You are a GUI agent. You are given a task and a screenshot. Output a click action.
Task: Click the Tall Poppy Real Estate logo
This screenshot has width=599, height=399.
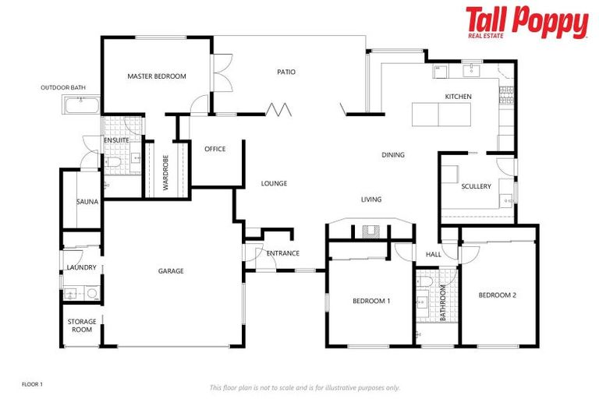(526, 23)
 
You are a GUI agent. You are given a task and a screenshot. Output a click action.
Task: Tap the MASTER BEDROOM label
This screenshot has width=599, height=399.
(157, 76)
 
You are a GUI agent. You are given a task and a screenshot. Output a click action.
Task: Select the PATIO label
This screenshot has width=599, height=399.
(286, 72)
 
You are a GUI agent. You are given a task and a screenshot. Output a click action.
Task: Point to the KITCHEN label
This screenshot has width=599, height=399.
(458, 97)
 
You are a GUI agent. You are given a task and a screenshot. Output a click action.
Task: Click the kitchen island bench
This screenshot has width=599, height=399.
(438, 115)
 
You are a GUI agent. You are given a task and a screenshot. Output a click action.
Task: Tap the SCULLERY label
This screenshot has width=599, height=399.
(476, 187)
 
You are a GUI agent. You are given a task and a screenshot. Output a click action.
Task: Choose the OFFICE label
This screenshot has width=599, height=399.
(214, 149)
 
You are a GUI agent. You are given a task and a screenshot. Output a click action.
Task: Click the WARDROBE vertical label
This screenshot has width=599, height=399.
(166, 172)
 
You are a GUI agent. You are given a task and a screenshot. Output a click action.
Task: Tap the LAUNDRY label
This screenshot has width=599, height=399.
(81, 268)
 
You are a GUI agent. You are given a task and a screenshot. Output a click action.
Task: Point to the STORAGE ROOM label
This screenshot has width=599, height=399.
(82, 326)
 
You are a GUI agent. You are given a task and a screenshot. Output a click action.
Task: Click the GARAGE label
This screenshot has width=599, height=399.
(171, 271)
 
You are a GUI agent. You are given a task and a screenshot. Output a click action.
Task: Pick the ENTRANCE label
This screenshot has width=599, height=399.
(283, 253)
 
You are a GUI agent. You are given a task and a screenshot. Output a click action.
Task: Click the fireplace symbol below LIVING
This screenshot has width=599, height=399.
(370, 231)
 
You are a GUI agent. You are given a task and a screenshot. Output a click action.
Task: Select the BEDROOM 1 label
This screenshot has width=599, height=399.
(371, 301)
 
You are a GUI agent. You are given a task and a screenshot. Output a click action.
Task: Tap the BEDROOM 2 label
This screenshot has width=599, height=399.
(497, 295)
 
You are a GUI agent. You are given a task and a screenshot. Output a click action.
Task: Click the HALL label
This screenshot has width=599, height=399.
(433, 254)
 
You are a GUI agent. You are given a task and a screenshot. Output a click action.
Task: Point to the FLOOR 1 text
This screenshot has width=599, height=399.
(32, 384)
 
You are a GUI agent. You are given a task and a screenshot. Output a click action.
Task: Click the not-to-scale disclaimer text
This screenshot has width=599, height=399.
(304, 387)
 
